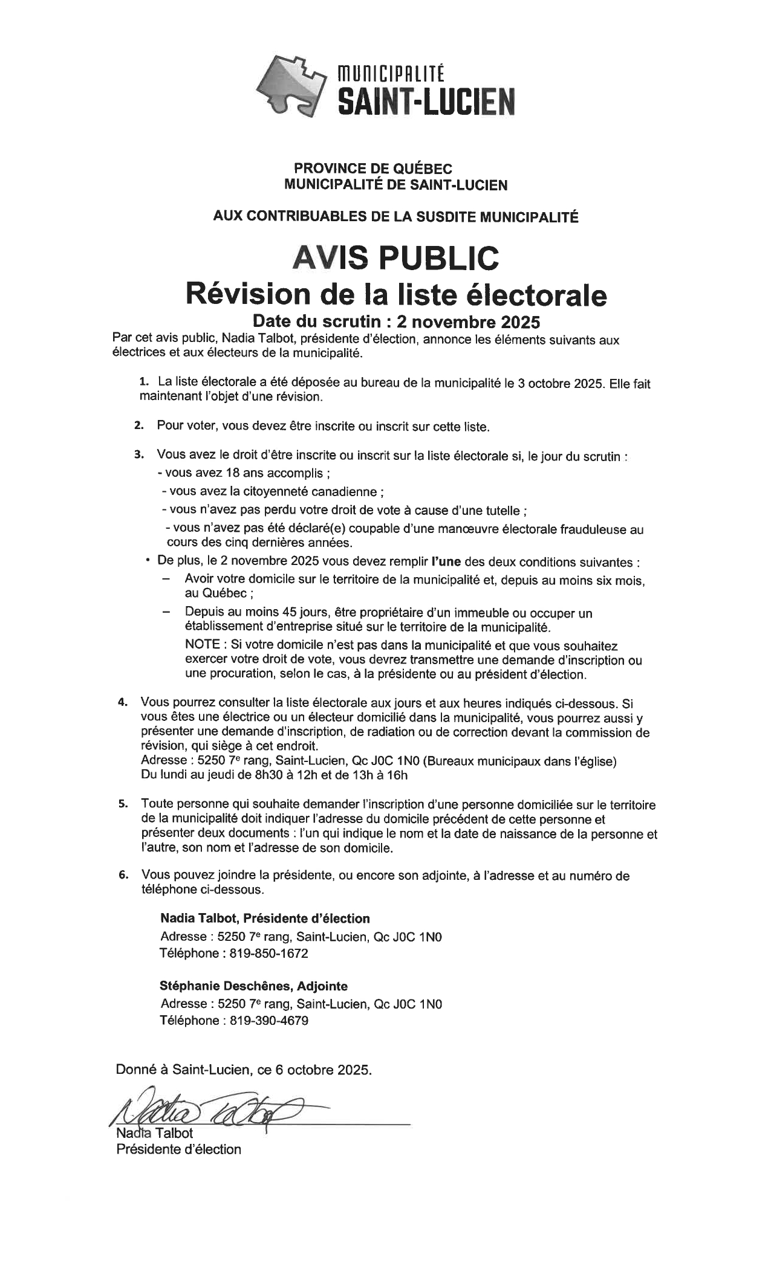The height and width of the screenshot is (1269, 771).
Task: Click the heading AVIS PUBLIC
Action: [x=396, y=257]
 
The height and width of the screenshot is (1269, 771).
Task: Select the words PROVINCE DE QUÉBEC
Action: [x=372, y=170]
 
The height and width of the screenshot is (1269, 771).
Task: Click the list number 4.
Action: [x=123, y=703]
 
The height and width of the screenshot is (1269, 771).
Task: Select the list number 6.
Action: [x=123, y=874]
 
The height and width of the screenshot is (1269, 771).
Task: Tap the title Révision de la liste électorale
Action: [x=396, y=294]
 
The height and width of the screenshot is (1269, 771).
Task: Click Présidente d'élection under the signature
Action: [x=178, y=1149]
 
